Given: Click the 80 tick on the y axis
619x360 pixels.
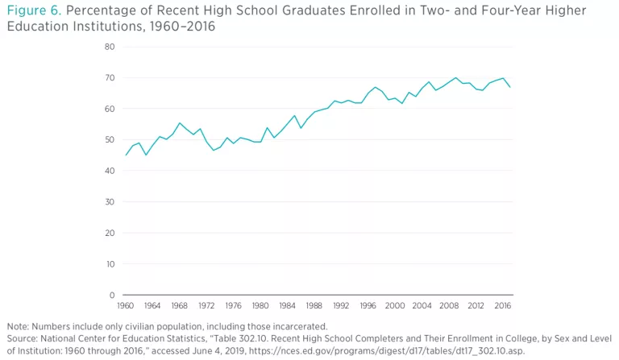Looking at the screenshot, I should coord(110,47).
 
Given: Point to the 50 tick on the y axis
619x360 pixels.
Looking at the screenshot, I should coord(110,140).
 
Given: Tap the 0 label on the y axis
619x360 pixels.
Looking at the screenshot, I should coord(113,296).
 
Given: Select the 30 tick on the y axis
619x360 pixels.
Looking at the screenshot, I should coord(110,202).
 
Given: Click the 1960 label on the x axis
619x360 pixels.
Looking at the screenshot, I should coord(126,306).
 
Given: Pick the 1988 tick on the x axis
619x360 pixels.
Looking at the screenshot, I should coord(314,306).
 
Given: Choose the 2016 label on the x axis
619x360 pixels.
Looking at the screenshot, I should coord(502,306).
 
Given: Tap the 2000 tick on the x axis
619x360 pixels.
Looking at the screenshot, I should coord(394,306).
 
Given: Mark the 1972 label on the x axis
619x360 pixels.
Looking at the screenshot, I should coord(206,306).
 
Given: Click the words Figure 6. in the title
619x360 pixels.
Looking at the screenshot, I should coord(31,10).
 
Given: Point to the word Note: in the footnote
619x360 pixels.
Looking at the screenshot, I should coord(18,326).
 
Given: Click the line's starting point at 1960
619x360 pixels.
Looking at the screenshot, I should coord(126,155).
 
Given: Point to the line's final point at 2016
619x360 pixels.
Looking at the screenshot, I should coord(510,87).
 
